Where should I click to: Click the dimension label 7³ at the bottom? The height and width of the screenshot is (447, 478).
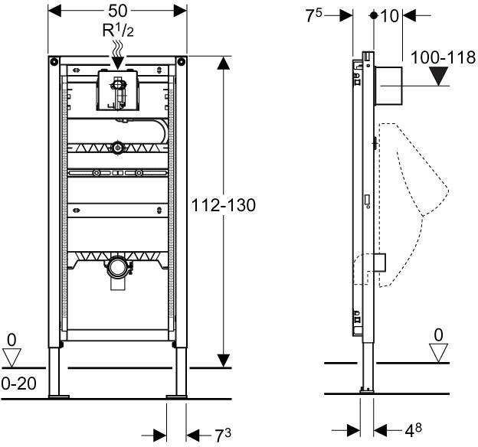click(222, 434)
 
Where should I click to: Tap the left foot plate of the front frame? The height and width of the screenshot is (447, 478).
click(57, 396)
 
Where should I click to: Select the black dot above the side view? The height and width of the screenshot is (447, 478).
click(373, 15)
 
